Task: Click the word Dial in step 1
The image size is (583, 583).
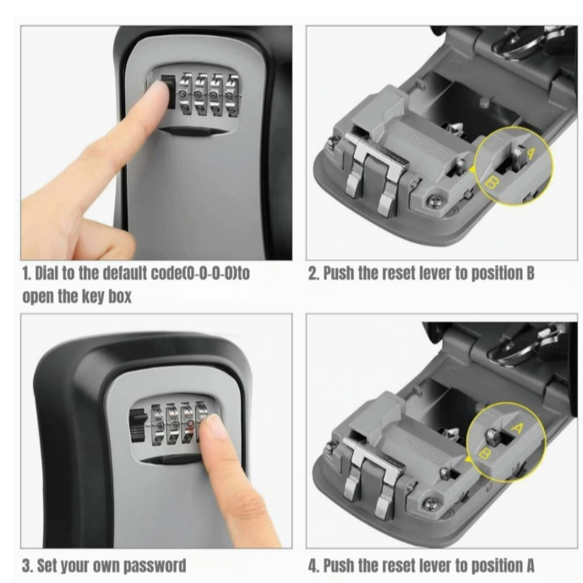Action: click(46, 274)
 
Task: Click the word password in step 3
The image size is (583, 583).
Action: click(155, 566)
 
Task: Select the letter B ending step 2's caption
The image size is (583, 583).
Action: click(531, 273)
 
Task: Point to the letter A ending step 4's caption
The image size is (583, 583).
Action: click(531, 565)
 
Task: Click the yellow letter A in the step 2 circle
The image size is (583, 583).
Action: click(531, 152)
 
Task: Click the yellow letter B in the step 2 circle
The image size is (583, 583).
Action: click(492, 183)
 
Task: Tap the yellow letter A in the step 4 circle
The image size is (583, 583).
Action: click(518, 428)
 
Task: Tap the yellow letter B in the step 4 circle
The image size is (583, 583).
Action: click(485, 454)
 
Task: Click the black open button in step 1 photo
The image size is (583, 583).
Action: click(167, 92)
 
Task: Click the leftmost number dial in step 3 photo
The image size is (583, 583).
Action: click(158, 424)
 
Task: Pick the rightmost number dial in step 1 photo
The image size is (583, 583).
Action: click(232, 96)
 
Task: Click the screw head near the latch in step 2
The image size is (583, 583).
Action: click(434, 201)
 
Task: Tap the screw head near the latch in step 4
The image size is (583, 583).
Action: click(430, 504)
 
